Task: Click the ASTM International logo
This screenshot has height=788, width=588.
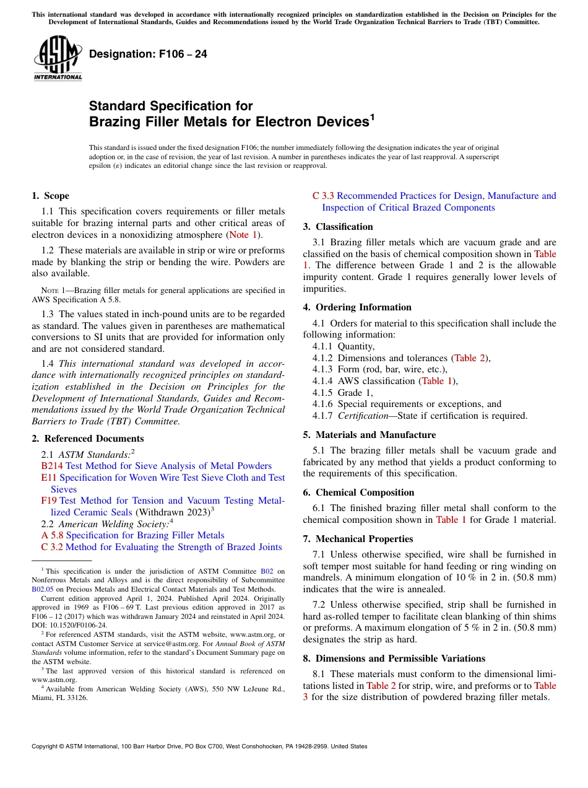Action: click(x=58, y=59)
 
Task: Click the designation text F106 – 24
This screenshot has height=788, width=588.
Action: click(x=148, y=54)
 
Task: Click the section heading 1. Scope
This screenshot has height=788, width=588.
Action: click(x=50, y=196)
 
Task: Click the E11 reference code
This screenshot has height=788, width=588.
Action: click(x=49, y=478)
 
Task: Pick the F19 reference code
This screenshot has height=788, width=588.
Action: click(x=49, y=501)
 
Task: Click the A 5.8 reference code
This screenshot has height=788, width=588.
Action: click(x=53, y=535)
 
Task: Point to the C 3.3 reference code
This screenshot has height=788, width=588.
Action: click(x=323, y=196)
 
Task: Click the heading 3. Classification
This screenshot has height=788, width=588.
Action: click(x=338, y=227)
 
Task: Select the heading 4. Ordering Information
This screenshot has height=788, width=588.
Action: click(x=357, y=307)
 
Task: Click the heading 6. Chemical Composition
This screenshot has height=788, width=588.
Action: click(x=358, y=492)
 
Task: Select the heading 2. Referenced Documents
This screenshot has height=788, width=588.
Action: click(x=79, y=439)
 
